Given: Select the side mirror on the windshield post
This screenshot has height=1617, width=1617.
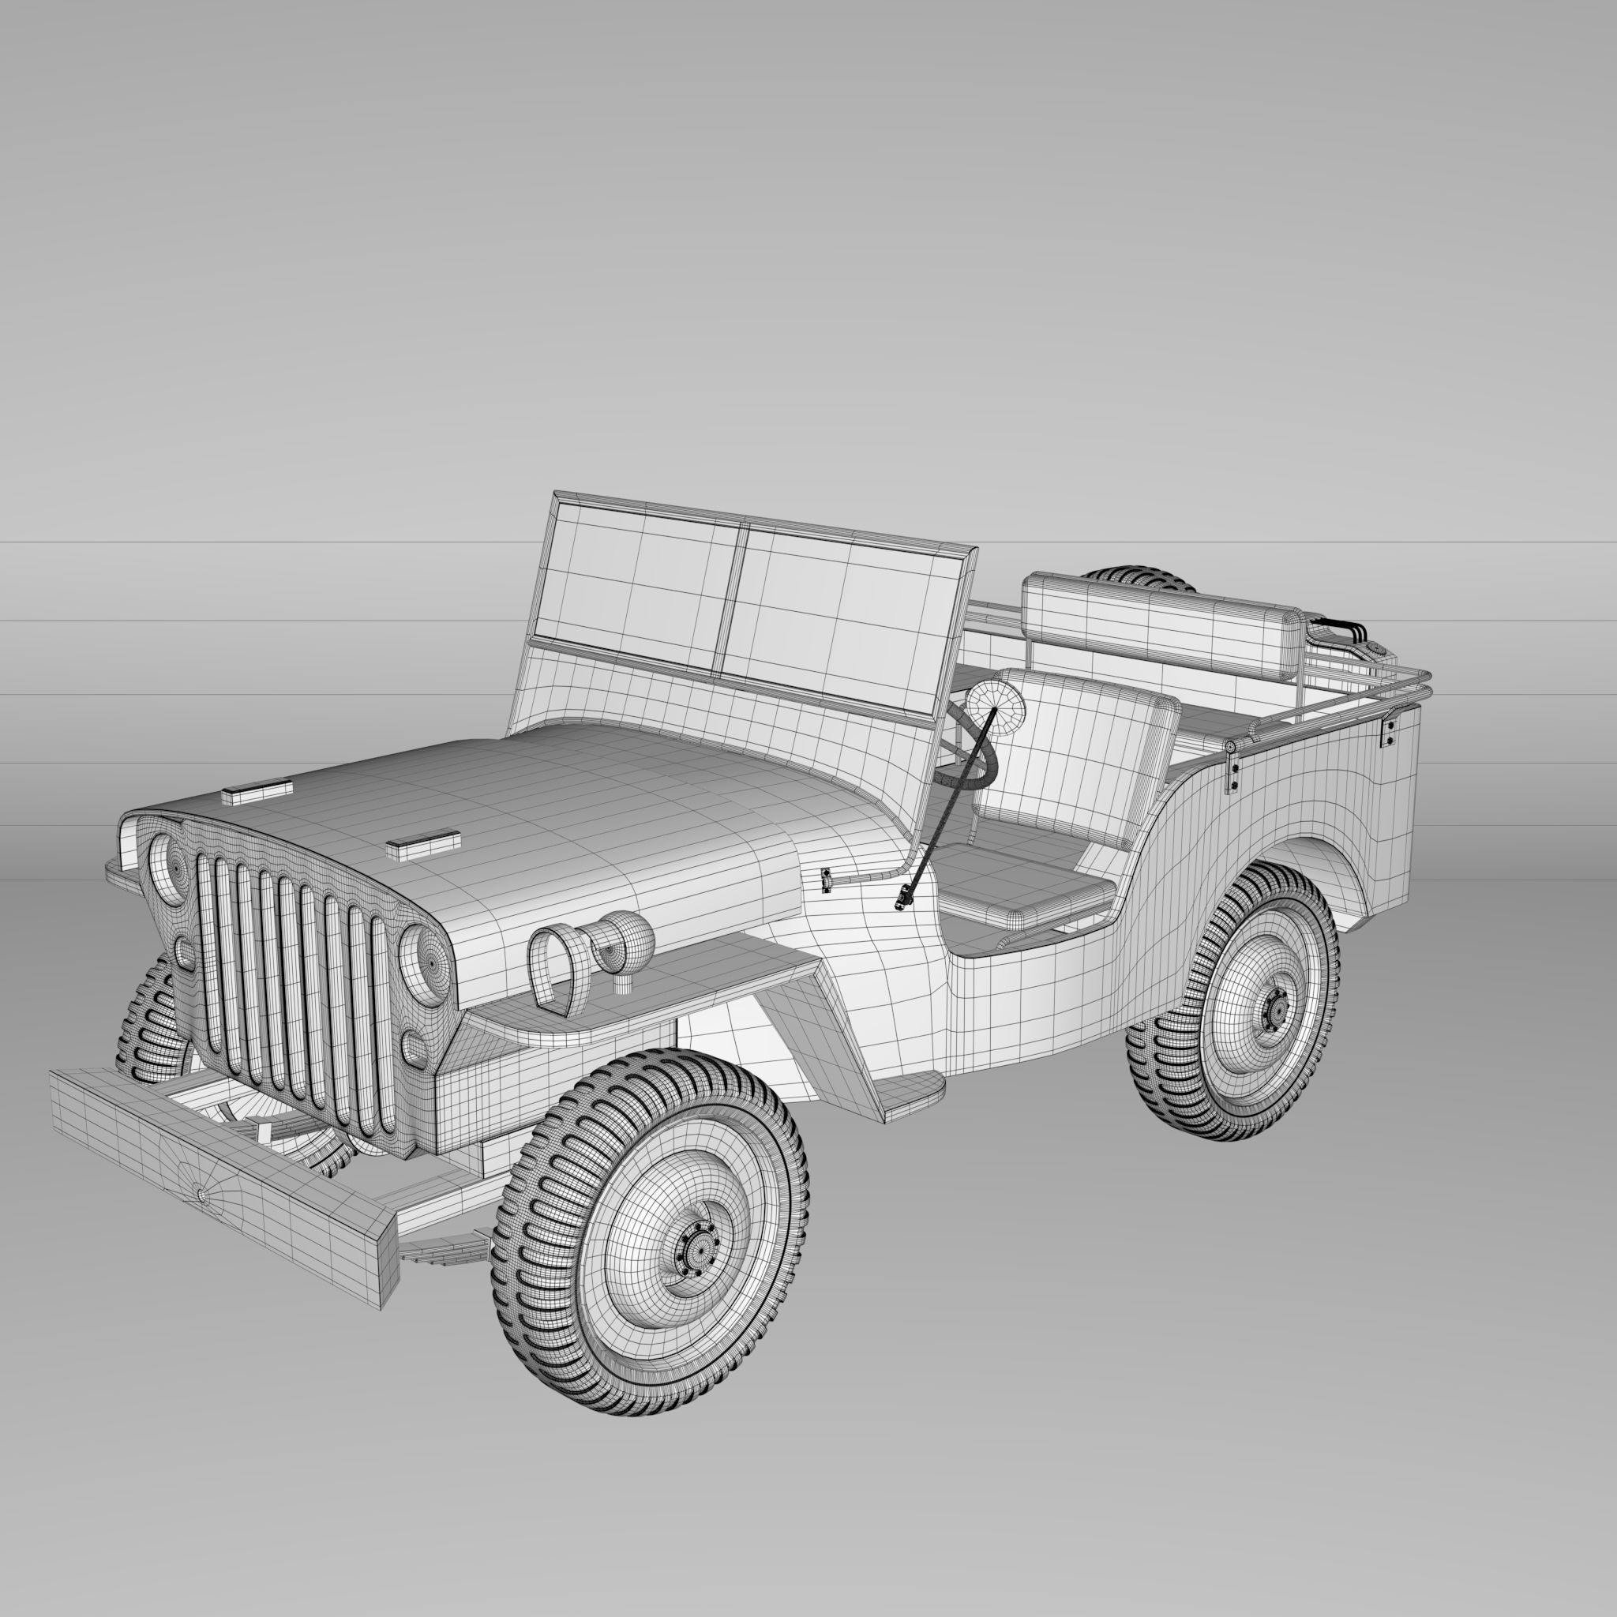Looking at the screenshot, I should (995, 708).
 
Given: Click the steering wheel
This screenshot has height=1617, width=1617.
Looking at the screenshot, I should (971, 757).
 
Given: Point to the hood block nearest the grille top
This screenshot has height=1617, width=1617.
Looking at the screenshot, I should (257, 791).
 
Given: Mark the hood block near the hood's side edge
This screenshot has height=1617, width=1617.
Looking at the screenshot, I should (423, 846).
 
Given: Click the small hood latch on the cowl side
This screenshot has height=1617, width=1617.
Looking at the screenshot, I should (826, 879).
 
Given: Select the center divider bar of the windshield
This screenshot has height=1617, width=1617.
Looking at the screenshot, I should (730, 598).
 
